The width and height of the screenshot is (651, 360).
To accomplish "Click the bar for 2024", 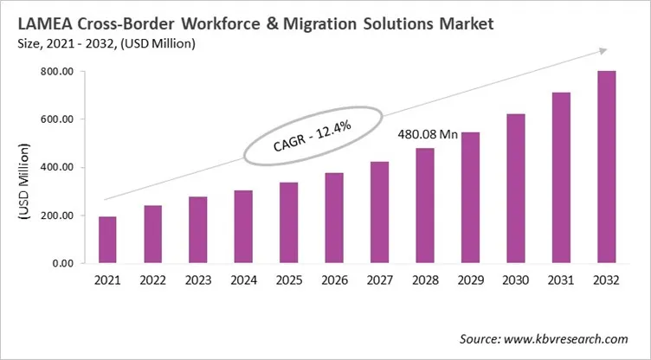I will (x=243, y=227).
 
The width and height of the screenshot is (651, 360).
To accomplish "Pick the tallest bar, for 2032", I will (x=604, y=167).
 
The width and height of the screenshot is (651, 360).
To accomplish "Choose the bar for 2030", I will (x=514, y=189).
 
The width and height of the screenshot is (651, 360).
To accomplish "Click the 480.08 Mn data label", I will (x=428, y=134).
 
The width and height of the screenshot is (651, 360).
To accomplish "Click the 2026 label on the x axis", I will (x=333, y=281).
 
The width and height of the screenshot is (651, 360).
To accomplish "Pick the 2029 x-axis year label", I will (x=468, y=281).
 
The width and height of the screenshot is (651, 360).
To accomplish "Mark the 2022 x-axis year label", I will (x=153, y=281).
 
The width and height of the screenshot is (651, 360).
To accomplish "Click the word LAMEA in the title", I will (x=44, y=24).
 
